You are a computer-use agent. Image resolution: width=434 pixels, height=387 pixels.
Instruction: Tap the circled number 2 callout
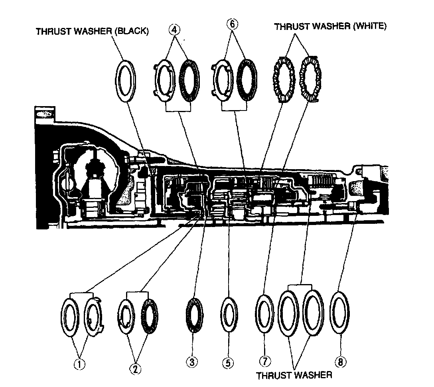[136, 369]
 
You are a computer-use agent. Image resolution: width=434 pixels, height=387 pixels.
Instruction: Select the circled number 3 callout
[192, 362]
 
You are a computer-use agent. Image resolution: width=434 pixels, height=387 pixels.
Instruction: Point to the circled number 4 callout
[174, 30]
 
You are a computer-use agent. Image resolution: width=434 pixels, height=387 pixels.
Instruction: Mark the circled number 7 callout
[265, 361]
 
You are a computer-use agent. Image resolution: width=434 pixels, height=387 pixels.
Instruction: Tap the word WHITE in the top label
[371, 27]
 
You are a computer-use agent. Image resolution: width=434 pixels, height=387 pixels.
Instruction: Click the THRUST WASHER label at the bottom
[294, 375]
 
